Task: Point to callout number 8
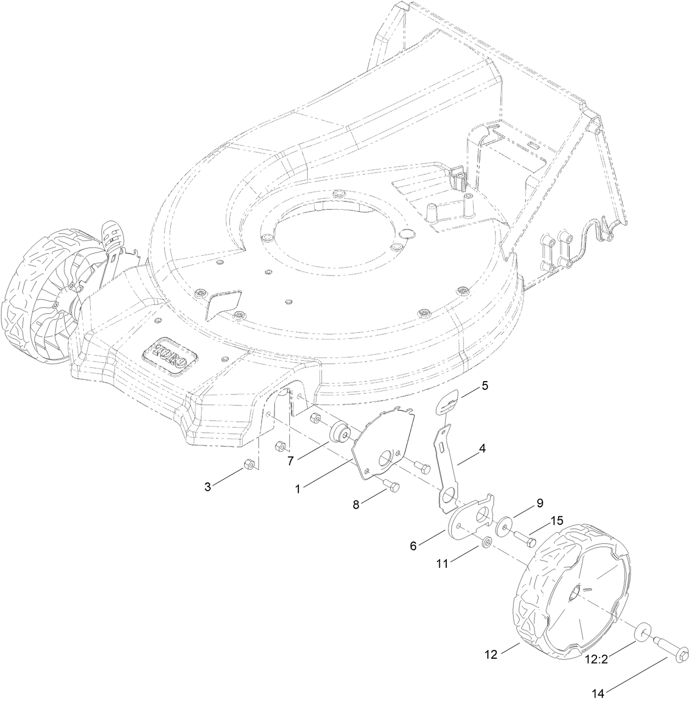pyautogui.click(x=357, y=505)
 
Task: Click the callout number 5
pyautogui.click(x=484, y=385)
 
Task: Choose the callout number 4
pyautogui.click(x=482, y=448)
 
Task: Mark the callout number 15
pyautogui.click(x=556, y=521)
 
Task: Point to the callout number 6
pyautogui.click(x=414, y=545)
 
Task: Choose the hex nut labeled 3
pyautogui.click(x=248, y=465)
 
